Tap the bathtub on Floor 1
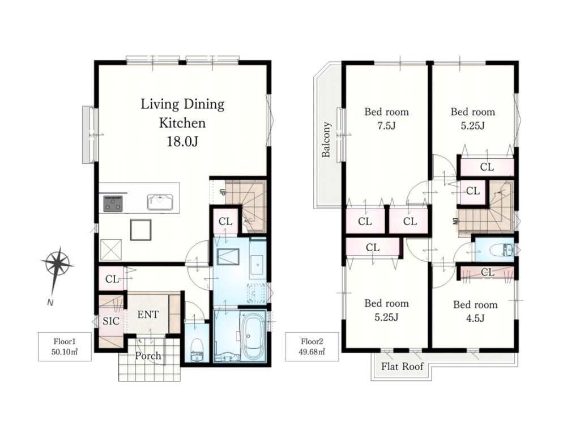tap(252, 336)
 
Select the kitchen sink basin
tap(160, 202)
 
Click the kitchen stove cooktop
tap(113, 204)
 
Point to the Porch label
tap(148, 355)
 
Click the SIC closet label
tap(111, 321)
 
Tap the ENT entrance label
tap(148, 315)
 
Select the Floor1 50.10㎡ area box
tap(65, 346)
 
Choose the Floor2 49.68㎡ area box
tap(312, 346)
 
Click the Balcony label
tap(326, 139)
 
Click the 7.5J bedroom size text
tap(386, 126)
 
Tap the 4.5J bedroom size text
tap(475, 318)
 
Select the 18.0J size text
tap(182, 141)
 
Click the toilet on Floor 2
tap(502, 251)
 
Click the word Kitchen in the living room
tap(182, 123)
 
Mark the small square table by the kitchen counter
tap(140, 230)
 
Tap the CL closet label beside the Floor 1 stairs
tap(225, 221)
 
